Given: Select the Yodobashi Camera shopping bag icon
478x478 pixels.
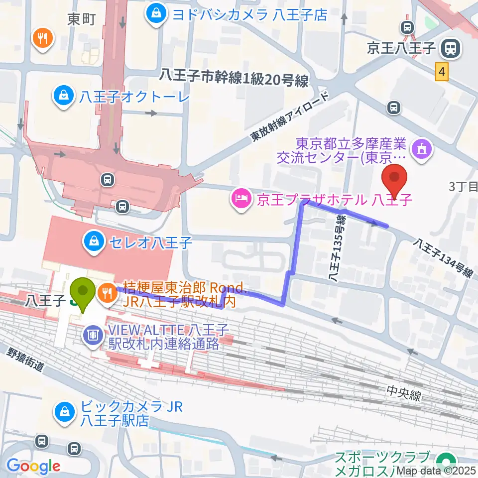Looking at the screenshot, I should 156,13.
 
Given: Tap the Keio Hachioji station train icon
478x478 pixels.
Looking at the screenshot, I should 451,48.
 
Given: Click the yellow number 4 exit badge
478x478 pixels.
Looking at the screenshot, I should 442,72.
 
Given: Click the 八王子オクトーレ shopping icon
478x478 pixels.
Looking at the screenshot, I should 64,94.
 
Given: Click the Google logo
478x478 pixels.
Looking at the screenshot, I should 33,466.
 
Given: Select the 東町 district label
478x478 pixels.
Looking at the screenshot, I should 81,19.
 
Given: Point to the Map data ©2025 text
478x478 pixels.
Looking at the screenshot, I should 433,470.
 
